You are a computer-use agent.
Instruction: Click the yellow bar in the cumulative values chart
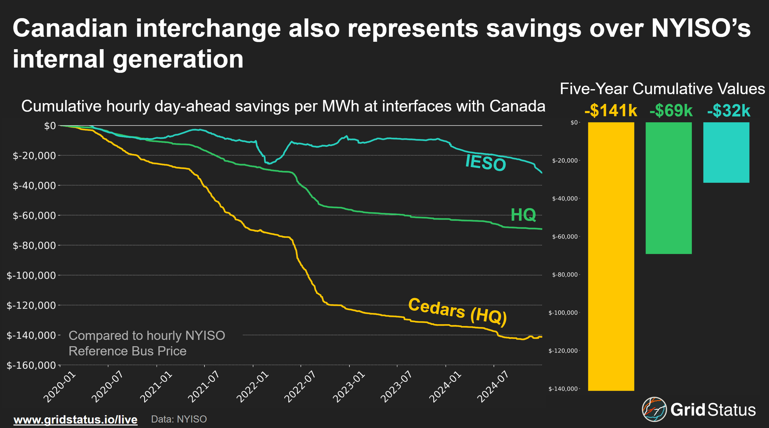pos(611,256)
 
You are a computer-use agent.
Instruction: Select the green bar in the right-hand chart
pos(669,188)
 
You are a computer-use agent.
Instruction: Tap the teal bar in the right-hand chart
pos(726,152)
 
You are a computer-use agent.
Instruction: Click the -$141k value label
pos(611,111)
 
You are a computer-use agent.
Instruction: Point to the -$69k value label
pos(671,111)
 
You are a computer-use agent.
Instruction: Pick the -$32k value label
pos(729,111)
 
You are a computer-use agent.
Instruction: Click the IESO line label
pos(485,163)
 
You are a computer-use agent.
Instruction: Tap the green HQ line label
pos(523,215)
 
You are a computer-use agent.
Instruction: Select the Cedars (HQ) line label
pos(458,311)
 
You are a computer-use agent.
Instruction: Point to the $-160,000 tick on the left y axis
pos(32,365)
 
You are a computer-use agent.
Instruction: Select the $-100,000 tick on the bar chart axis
pos(563,313)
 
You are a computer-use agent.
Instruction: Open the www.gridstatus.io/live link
pos(75,419)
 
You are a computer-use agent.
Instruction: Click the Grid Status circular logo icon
pos(654,409)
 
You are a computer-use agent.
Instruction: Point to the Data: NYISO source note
pos(179,419)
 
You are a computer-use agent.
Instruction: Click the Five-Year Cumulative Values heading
pos(662,89)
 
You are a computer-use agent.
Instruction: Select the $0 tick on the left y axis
pos(50,126)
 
